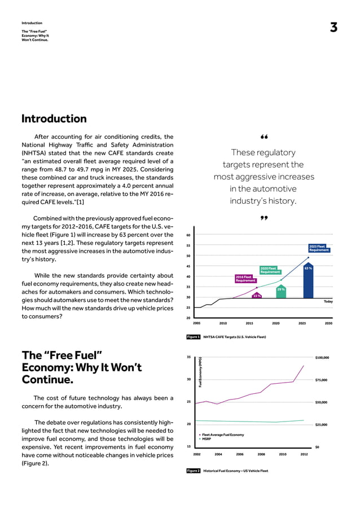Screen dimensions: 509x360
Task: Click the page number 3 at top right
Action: pyautogui.click(x=333, y=28)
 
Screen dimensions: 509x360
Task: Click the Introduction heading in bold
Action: pyautogui.click(x=54, y=119)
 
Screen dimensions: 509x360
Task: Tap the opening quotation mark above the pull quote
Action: pyautogui.click(x=263, y=137)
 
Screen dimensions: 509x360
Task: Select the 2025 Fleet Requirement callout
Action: pyautogui.click(x=319, y=248)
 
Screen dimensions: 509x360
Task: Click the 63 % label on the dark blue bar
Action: pyautogui.click(x=308, y=269)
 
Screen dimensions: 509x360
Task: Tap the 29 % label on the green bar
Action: pyautogui.click(x=280, y=289)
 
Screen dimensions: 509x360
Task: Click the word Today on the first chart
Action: pyautogui.click(x=328, y=301)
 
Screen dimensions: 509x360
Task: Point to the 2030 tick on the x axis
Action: pyautogui.click(x=328, y=324)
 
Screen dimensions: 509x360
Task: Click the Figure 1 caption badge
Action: pyautogui.click(x=194, y=337)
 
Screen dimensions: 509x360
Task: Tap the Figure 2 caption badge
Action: pyautogui.click(x=194, y=471)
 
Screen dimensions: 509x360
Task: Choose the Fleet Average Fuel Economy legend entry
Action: pyautogui.click(x=222, y=435)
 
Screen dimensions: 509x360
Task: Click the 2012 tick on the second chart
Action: pyautogui.click(x=304, y=454)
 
